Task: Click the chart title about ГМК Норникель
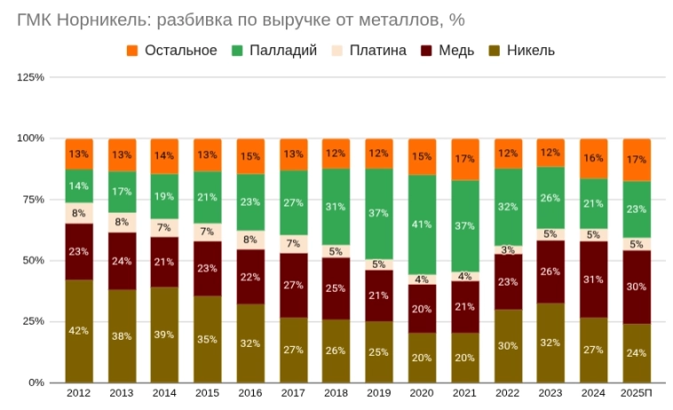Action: pyautogui.click(x=241, y=18)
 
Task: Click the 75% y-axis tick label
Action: pyautogui.click(x=34, y=200)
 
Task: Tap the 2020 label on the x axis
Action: pyautogui.click(x=422, y=392)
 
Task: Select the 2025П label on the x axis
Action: pyautogui.click(x=637, y=392)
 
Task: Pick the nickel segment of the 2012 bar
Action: pyautogui.click(x=79, y=331)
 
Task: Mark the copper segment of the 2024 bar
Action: pyautogui.click(x=594, y=280)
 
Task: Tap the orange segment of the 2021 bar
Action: pyautogui.click(x=465, y=160)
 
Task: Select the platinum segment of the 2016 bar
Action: pyautogui.click(x=250, y=240)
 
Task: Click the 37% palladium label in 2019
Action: pyautogui.click(x=379, y=214)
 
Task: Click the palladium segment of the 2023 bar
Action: pyautogui.click(x=551, y=198)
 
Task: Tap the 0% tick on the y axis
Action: pyautogui.click(x=36, y=382)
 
